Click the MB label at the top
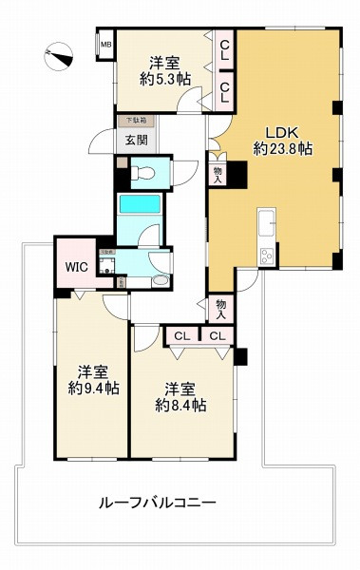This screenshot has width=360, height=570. click(x=105, y=44)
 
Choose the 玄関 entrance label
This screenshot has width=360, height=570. click(x=136, y=141)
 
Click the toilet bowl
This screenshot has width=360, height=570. click(x=142, y=173)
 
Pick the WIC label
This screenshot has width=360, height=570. click(x=77, y=267)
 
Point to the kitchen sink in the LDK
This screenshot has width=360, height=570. click(x=265, y=224)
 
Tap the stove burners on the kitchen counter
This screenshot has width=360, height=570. click(x=266, y=255)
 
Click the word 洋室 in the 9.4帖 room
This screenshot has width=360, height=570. click(x=91, y=371)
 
